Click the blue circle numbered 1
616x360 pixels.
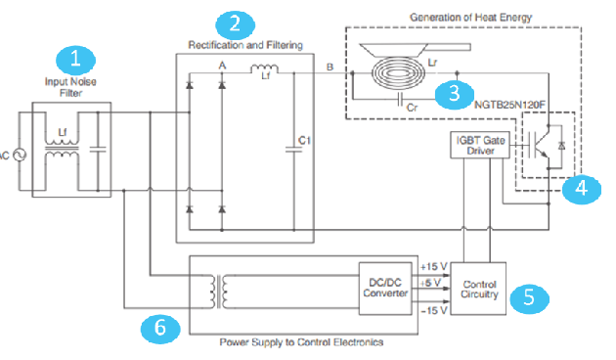point(76,60)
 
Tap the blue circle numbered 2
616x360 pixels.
point(235,24)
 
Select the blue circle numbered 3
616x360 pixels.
point(454,94)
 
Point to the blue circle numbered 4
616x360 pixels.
point(582,189)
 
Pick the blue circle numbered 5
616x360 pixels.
point(529,298)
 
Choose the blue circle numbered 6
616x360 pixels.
point(160,329)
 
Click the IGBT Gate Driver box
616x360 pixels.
point(480,145)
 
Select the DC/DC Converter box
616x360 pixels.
point(385,289)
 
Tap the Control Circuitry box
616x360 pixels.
point(478,289)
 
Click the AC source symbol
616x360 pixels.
point(20,155)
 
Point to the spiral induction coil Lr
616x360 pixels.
point(398,73)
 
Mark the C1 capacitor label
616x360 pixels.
point(304,140)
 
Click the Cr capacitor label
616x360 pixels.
point(412,108)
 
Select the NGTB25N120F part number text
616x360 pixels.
point(510,105)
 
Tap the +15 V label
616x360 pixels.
point(433,267)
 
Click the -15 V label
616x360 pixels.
point(434,310)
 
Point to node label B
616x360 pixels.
point(330,67)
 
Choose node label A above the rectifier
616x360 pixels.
point(222,66)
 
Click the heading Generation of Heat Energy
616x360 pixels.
point(470,18)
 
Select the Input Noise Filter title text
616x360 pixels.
point(70,87)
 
